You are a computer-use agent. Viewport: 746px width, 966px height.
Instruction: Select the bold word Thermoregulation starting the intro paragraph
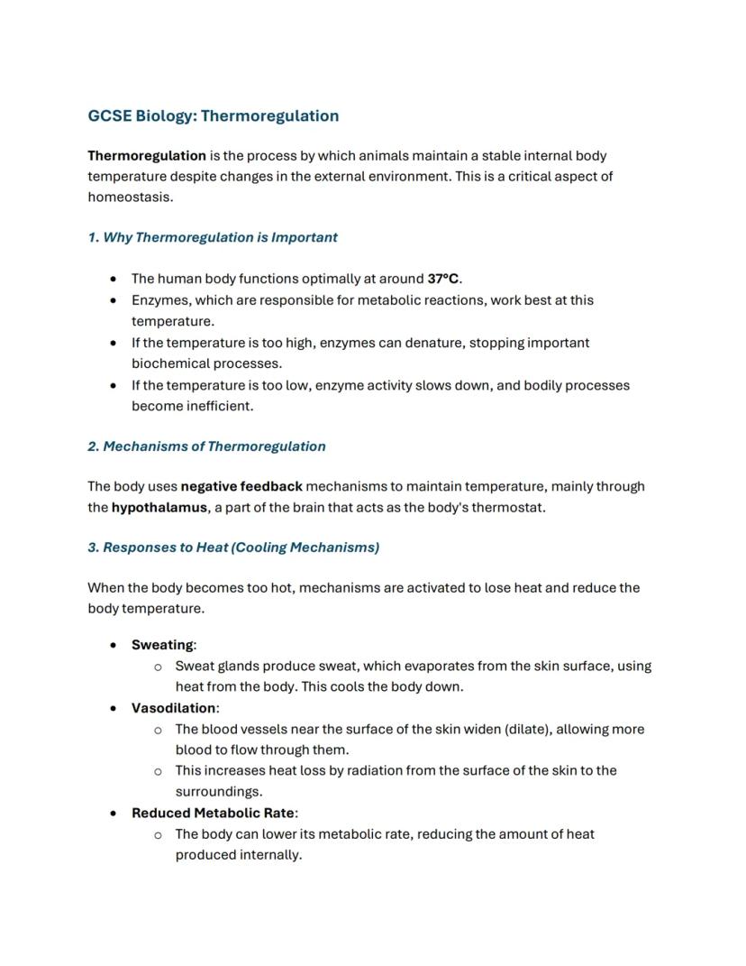coord(147,155)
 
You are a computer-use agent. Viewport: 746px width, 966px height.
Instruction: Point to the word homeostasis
coord(129,197)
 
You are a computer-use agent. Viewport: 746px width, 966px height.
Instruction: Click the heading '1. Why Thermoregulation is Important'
coord(213,237)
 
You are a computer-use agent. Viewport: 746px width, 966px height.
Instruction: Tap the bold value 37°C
coord(444,279)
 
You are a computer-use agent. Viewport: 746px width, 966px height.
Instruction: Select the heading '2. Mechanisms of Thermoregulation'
coord(206,446)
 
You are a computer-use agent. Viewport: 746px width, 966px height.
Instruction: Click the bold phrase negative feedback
coord(241,486)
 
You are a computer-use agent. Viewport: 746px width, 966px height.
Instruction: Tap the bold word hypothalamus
coord(159,507)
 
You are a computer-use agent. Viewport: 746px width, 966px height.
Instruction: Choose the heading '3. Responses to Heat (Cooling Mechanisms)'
coord(233,547)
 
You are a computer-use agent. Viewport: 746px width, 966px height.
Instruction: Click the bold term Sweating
coord(162,644)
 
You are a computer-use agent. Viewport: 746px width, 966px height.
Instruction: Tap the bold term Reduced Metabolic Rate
coord(213,813)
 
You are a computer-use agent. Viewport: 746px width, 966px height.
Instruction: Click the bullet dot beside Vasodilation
coord(113,708)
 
